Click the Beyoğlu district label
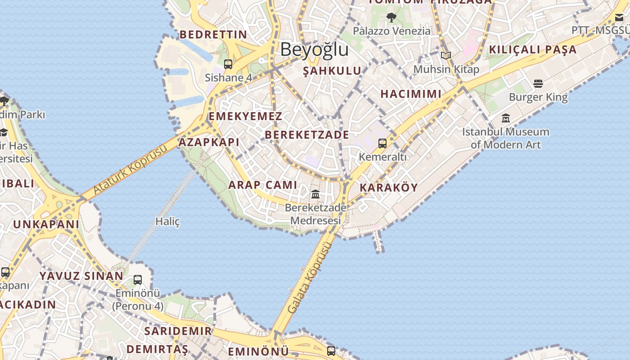point(314,49)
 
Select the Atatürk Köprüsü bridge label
point(130,169)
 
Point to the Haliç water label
point(167,221)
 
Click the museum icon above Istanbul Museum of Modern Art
point(506,118)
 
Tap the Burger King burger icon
point(538,83)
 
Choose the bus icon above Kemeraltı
point(382,144)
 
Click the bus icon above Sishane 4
point(228,64)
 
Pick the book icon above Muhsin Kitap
point(446,56)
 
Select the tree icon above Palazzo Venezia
point(391,18)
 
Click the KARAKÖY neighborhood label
point(389,188)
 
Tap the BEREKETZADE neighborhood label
point(307,135)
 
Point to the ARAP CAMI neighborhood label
point(263,184)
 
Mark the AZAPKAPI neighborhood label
point(209,142)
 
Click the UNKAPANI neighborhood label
point(46,224)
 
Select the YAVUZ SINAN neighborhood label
point(81,276)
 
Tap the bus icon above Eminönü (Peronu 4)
point(138,280)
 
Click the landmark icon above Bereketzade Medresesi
point(315,194)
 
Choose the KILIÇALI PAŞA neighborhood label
point(533,49)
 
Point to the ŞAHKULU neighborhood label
point(332,71)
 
